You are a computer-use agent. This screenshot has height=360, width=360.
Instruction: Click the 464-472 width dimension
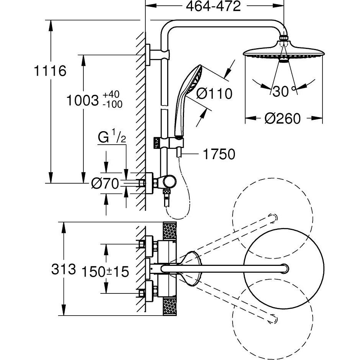[213, 7]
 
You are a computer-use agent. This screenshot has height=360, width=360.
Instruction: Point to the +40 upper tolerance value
[111, 94]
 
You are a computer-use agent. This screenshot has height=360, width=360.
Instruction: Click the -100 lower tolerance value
[112, 104]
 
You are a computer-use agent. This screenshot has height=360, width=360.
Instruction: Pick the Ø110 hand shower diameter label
[214, 93]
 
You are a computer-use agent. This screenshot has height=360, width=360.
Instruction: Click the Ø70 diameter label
[104, 184]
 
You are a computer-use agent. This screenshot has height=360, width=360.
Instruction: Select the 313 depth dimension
[64, 269]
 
